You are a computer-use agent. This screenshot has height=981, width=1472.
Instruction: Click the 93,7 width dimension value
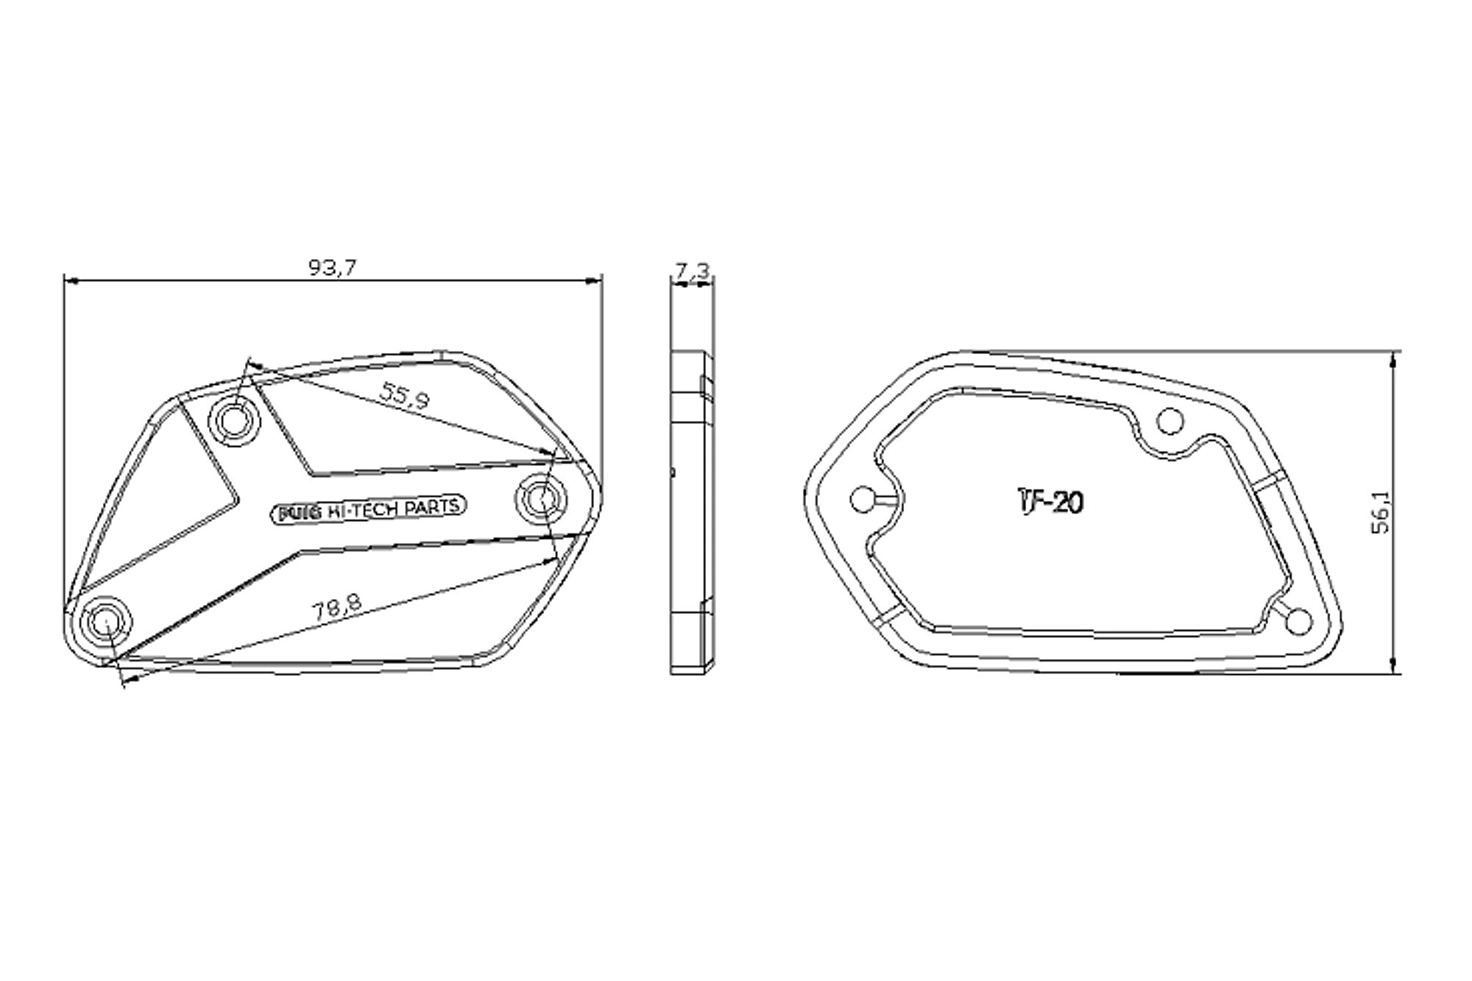pyautogui.click(x=332, y=268)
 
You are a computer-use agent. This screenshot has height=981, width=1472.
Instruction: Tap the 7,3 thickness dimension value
pyautogui.click(x=693, y=272)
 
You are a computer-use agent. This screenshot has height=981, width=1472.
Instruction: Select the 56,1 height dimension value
pyautogui.click(x=1381, y=511)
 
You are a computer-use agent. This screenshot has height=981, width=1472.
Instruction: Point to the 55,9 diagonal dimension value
pyautogui.click(x=404, y=396)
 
